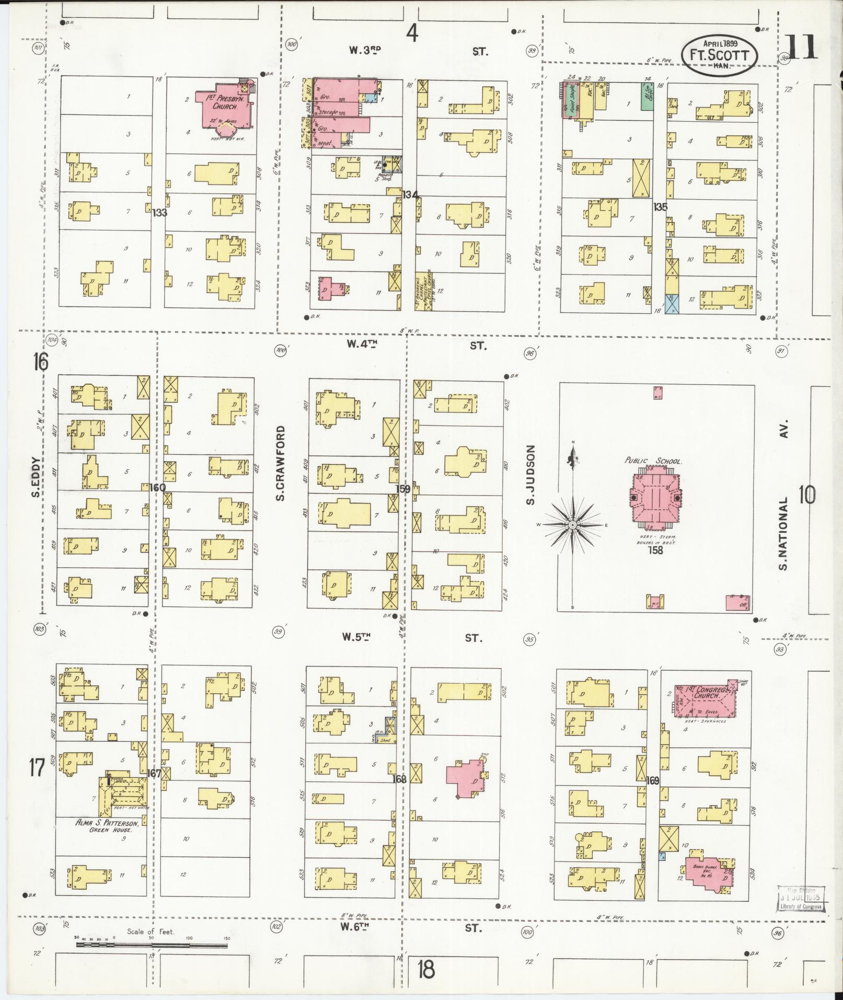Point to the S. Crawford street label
(281, 463)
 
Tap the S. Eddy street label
(36, 478)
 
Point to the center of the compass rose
(573, 524)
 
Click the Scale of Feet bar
(152, 945)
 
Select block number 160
(157, 487)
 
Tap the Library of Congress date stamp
(801, 899)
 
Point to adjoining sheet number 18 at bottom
(426, 970)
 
